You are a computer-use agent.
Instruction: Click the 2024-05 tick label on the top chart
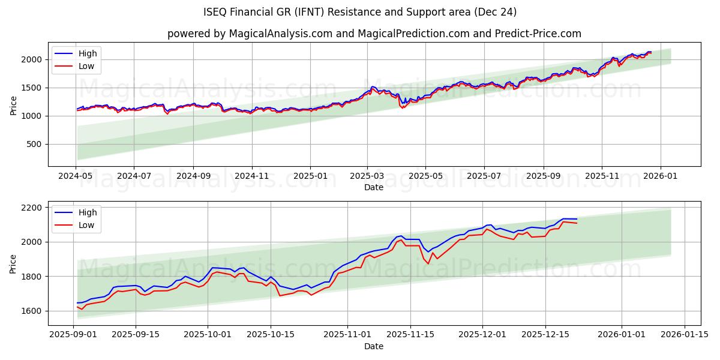tap(76, 176)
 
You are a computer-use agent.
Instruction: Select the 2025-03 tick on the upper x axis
tap(367, 176)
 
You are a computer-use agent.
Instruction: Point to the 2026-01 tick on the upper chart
tap(660, 176)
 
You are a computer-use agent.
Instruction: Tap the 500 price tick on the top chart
tap(34, 144)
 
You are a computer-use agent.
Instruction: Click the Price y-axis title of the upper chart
tap(14, 105)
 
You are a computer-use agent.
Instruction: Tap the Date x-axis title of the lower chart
tap(374, 346)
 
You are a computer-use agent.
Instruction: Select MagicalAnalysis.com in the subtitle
tap(281, 34)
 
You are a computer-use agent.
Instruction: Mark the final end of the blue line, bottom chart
tap(577, 219)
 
